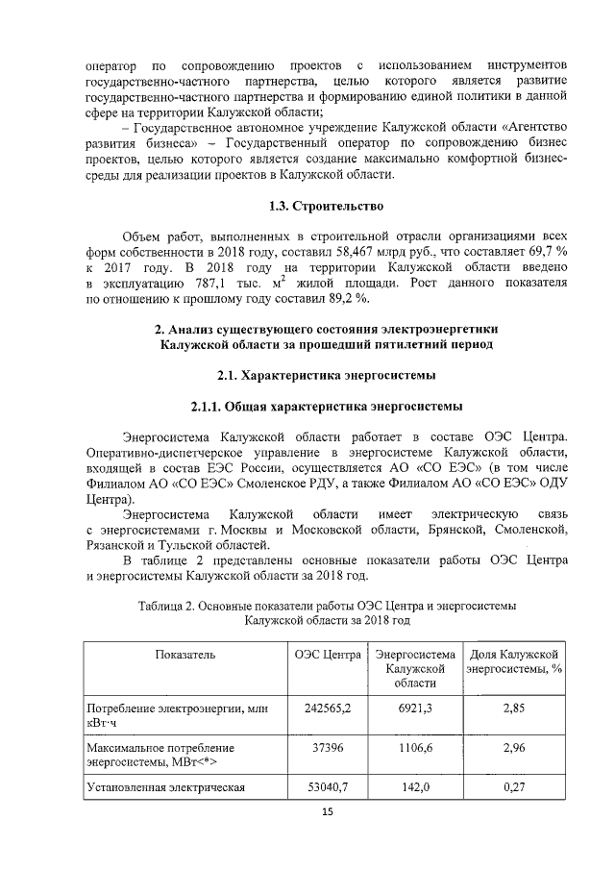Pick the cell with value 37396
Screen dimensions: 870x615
pyautogui.click(x=328, y=747)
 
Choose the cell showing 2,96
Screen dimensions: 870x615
pyautogui.click(x=513, y=747)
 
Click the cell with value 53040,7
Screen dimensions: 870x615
pyautogui.click(x=328, y=787)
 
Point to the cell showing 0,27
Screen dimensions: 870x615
pyautogui.click(x=513, y=787)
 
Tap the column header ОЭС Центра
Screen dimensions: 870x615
pyautogui.click(x=328, y=655)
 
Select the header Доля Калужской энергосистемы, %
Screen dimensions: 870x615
pyautogui.click(x=513, y=661)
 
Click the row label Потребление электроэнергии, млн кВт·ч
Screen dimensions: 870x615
pyautogui.click(x=174, y=714)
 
